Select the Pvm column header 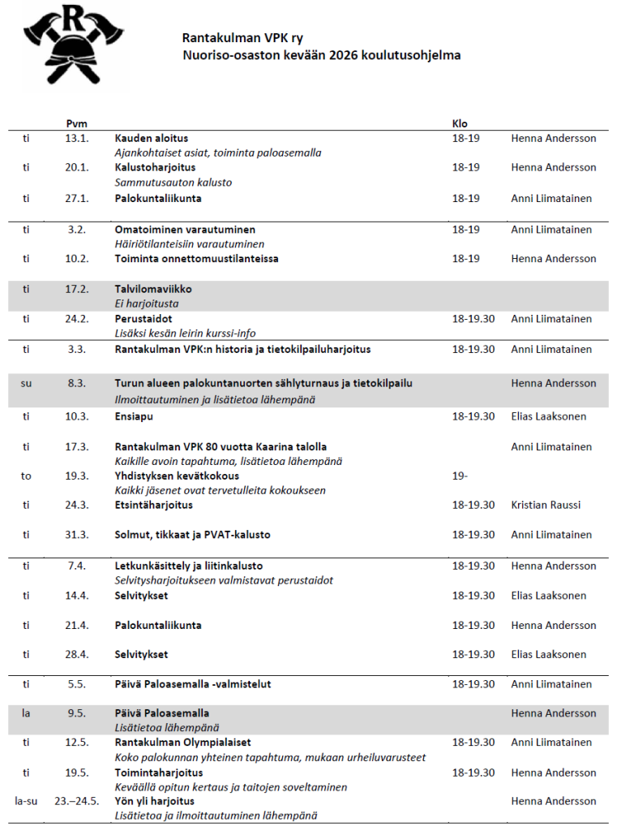[x=76, y=123]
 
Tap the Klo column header [x=459, y=123]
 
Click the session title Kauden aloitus [x=151, y=138]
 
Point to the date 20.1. [x=76, y=167]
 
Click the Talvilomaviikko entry [x=153, y=289]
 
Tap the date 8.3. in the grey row [x=76, y=383]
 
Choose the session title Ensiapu [x=134, y=416]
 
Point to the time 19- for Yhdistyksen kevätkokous [x=459, y=476]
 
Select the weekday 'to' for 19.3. [x=26, y=476]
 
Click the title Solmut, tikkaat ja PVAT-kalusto [x=192, y=535]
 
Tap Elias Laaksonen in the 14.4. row [x=548, y=596]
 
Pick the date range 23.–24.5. [x=76, y=801]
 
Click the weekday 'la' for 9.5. [x=26, y=713]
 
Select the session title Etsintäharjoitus [x=153, y=505]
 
